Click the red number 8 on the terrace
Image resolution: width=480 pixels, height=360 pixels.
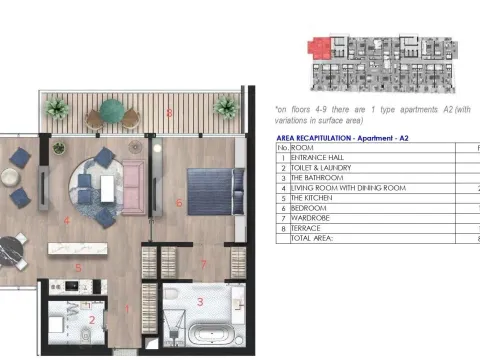[170, 113]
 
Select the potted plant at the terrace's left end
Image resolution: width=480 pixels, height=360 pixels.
[57, 106]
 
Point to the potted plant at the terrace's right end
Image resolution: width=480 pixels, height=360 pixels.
[225, 106]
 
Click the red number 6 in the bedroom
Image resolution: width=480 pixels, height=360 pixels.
[179, 203]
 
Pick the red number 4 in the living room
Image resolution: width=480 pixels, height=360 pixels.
[65, 219]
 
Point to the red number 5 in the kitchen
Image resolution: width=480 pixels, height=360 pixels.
[77, 267]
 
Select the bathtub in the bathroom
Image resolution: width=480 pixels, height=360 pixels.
[213, 334]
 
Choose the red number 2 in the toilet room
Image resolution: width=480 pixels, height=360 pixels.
[92, 320]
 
